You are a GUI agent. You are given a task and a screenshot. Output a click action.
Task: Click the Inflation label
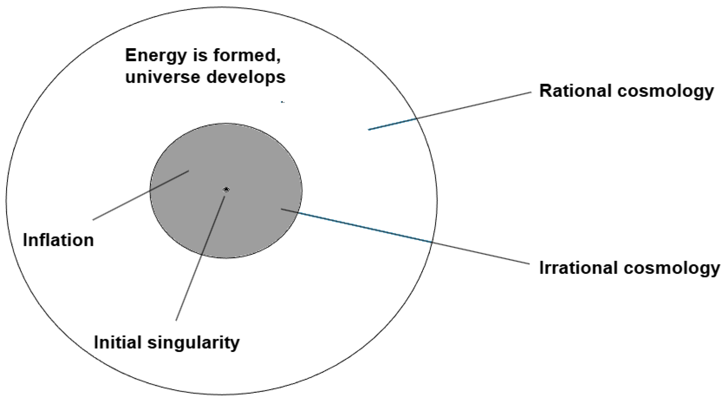[x=58, y=240]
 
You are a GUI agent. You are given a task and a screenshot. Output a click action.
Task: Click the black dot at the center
[x=226, y=189]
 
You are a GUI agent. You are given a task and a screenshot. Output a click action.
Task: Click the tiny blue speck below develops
[x=283, y=102]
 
